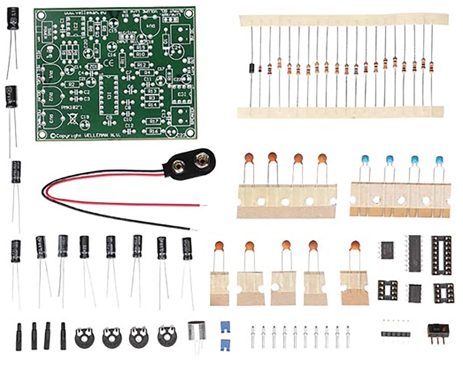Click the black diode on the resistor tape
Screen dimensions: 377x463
pyautogui.click(x=251, y=68)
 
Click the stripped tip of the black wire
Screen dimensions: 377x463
pyautogui.click(x=194, y=230)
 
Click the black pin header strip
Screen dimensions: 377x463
pyautogui.click(x=395, y=333)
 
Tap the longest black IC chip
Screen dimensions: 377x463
pyautogui.click(x=414, y=253)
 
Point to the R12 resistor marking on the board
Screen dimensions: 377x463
pyautogui.click(x=142, y=65)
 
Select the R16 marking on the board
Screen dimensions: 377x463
pyautogui.click(x=153, y=131)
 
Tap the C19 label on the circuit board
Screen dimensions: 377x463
pyautogui.click(x=85, y=118)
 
